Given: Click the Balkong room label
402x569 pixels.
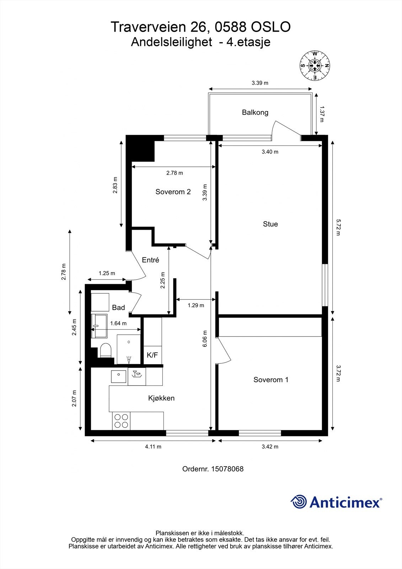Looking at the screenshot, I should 255,112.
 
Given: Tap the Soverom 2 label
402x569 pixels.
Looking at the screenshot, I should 173,192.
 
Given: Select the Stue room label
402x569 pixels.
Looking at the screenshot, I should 270,224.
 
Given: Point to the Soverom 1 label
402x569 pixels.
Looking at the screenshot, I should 270,379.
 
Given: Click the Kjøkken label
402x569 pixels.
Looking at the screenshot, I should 161,398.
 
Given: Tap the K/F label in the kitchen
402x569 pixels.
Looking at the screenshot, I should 152,355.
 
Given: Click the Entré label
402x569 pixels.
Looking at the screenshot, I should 150,260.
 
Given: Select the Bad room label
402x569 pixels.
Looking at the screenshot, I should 118,307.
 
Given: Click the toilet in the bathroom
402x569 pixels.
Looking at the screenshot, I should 106,350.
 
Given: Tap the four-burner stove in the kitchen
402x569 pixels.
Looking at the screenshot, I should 120,421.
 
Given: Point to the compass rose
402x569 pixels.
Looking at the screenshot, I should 315,65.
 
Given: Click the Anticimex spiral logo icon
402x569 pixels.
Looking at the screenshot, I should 299,502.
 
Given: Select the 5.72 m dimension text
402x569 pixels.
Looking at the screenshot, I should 338,227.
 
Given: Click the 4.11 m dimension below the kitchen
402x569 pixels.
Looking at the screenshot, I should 153,447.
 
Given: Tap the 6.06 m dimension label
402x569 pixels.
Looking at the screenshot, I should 205,339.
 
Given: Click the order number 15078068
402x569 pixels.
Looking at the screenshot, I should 227,469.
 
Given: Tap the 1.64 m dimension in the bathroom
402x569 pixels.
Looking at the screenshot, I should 118,323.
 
